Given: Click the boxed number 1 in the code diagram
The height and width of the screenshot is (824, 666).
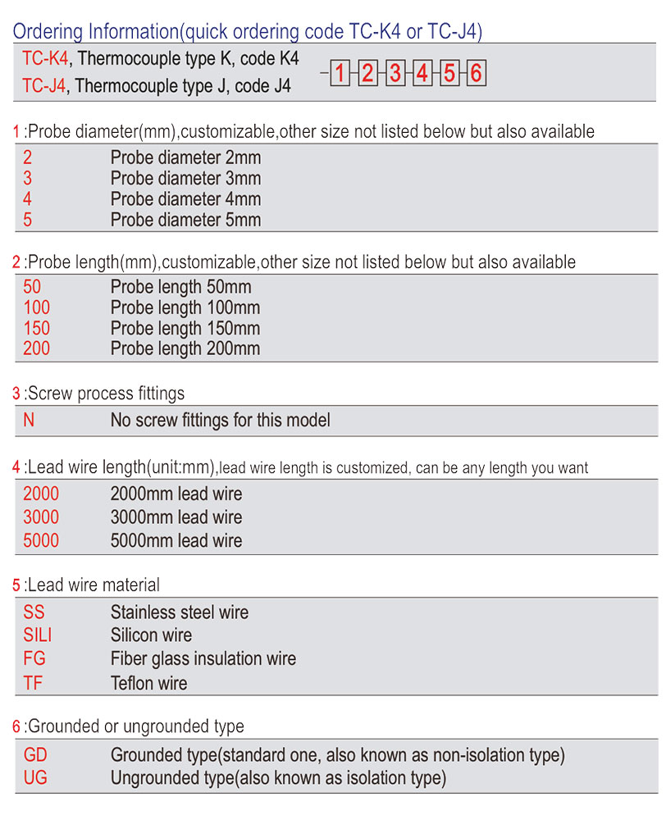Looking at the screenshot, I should click(340, 74).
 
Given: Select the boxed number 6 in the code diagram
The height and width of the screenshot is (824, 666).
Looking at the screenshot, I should click(476, 74).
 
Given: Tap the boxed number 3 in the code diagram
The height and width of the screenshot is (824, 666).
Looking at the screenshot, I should click(395, 74).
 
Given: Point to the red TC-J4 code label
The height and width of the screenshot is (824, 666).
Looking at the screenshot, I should click(44, 85).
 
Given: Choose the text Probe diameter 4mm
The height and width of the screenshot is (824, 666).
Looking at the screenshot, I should click(185, 199).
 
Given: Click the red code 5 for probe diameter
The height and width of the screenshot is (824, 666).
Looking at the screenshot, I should click(28, 220).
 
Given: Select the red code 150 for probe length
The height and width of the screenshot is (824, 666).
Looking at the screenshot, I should click(37, 328).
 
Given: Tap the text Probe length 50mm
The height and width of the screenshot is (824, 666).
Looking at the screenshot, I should click(181, 287).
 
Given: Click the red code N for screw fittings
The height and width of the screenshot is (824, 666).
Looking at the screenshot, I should click(30, 421).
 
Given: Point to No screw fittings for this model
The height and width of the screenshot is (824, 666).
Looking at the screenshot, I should click(220, 421).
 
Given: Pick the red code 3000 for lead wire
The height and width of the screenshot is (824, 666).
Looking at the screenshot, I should click(41, 517).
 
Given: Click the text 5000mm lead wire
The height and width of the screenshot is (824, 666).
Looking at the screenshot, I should click(176, 540).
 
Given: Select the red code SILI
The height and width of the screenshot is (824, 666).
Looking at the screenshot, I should click(38, 635).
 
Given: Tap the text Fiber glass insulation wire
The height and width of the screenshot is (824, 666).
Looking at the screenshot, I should click(203, 658).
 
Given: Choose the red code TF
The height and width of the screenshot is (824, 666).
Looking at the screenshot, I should click(33, 683).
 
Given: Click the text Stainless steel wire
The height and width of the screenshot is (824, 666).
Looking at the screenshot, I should click(180, 612).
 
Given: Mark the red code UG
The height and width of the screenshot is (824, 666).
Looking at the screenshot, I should click(35, 777).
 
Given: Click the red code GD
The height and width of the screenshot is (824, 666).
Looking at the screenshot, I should click(35, 754).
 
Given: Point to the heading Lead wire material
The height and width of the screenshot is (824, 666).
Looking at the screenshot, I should click(92, 585).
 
